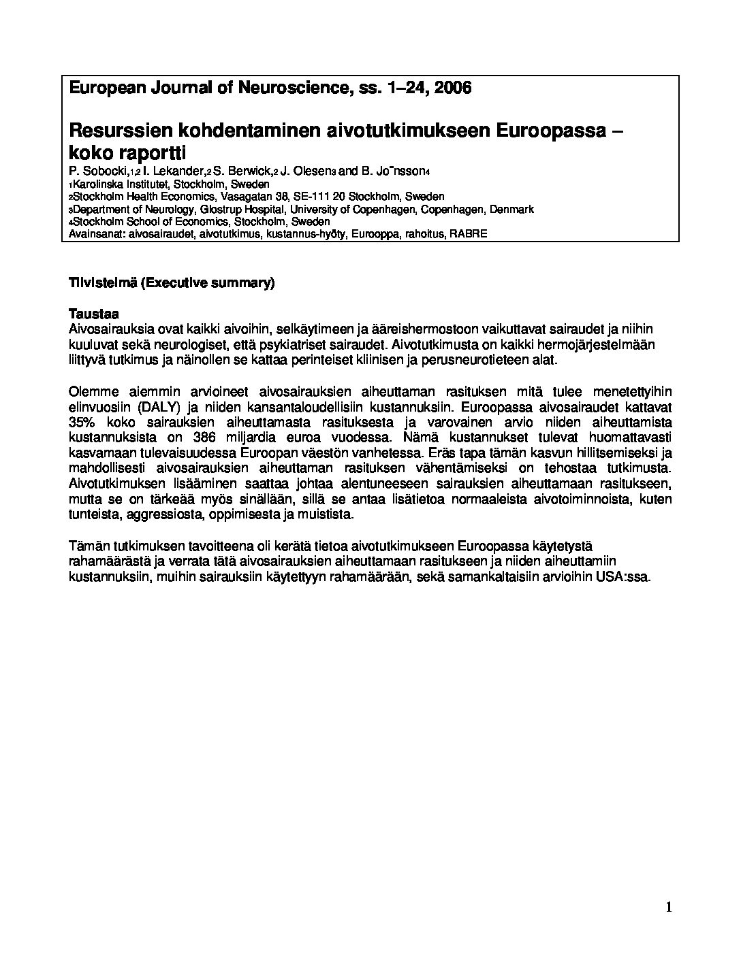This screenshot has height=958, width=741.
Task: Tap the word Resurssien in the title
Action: tap(119, 129)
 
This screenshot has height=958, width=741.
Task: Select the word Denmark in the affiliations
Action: tap(509, 210)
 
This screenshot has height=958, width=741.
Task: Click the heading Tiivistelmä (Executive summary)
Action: tap(172, 283)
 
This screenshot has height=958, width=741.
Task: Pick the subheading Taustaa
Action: tap(94, 314)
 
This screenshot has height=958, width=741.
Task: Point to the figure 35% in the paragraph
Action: tap(82, 423)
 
